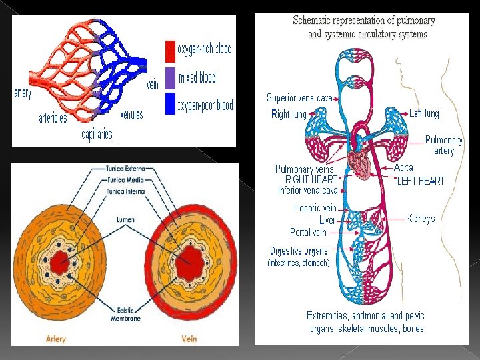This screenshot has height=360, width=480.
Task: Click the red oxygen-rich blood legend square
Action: (x=170, y=51)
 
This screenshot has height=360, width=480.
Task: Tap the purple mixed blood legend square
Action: (x=170, y=77)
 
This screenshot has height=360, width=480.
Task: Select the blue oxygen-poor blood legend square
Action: (x=170, y=103)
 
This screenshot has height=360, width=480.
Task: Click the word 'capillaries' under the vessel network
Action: (x=97, y=135)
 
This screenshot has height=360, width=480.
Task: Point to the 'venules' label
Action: (x=131, y=115)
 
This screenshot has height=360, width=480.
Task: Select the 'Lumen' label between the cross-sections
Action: (x=125, y=219)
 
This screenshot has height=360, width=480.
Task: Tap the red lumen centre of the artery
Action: (x=61, y=260)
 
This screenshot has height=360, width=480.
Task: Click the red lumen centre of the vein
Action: (x=191, y=257)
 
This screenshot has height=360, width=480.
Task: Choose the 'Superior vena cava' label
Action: (x=299, y=98)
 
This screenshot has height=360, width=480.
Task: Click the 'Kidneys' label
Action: (x=421, y=219)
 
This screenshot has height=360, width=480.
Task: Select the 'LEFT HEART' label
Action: (x=421, y=181)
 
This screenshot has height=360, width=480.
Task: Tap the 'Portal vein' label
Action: (x=308, y=233)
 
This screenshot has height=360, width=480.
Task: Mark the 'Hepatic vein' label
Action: (x=315, y=208)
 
